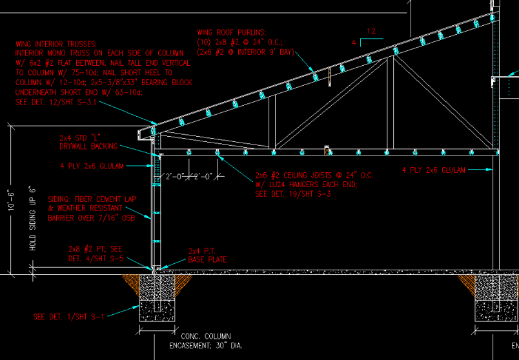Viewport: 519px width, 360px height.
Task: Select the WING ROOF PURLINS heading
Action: pos(234,32)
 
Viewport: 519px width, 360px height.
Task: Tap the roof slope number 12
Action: pos(371,31)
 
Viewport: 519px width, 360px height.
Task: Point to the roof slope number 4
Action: pos(354,43)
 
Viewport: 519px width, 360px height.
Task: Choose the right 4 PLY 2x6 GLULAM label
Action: pos(434,170)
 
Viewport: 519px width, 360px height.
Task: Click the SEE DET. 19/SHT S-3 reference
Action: pos(293,193)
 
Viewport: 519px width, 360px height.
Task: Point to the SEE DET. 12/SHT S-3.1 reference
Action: pos(56,101)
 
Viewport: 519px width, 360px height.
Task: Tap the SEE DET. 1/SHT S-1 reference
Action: pos(68,316)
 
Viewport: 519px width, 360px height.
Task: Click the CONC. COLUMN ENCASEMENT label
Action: pos(205,341)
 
